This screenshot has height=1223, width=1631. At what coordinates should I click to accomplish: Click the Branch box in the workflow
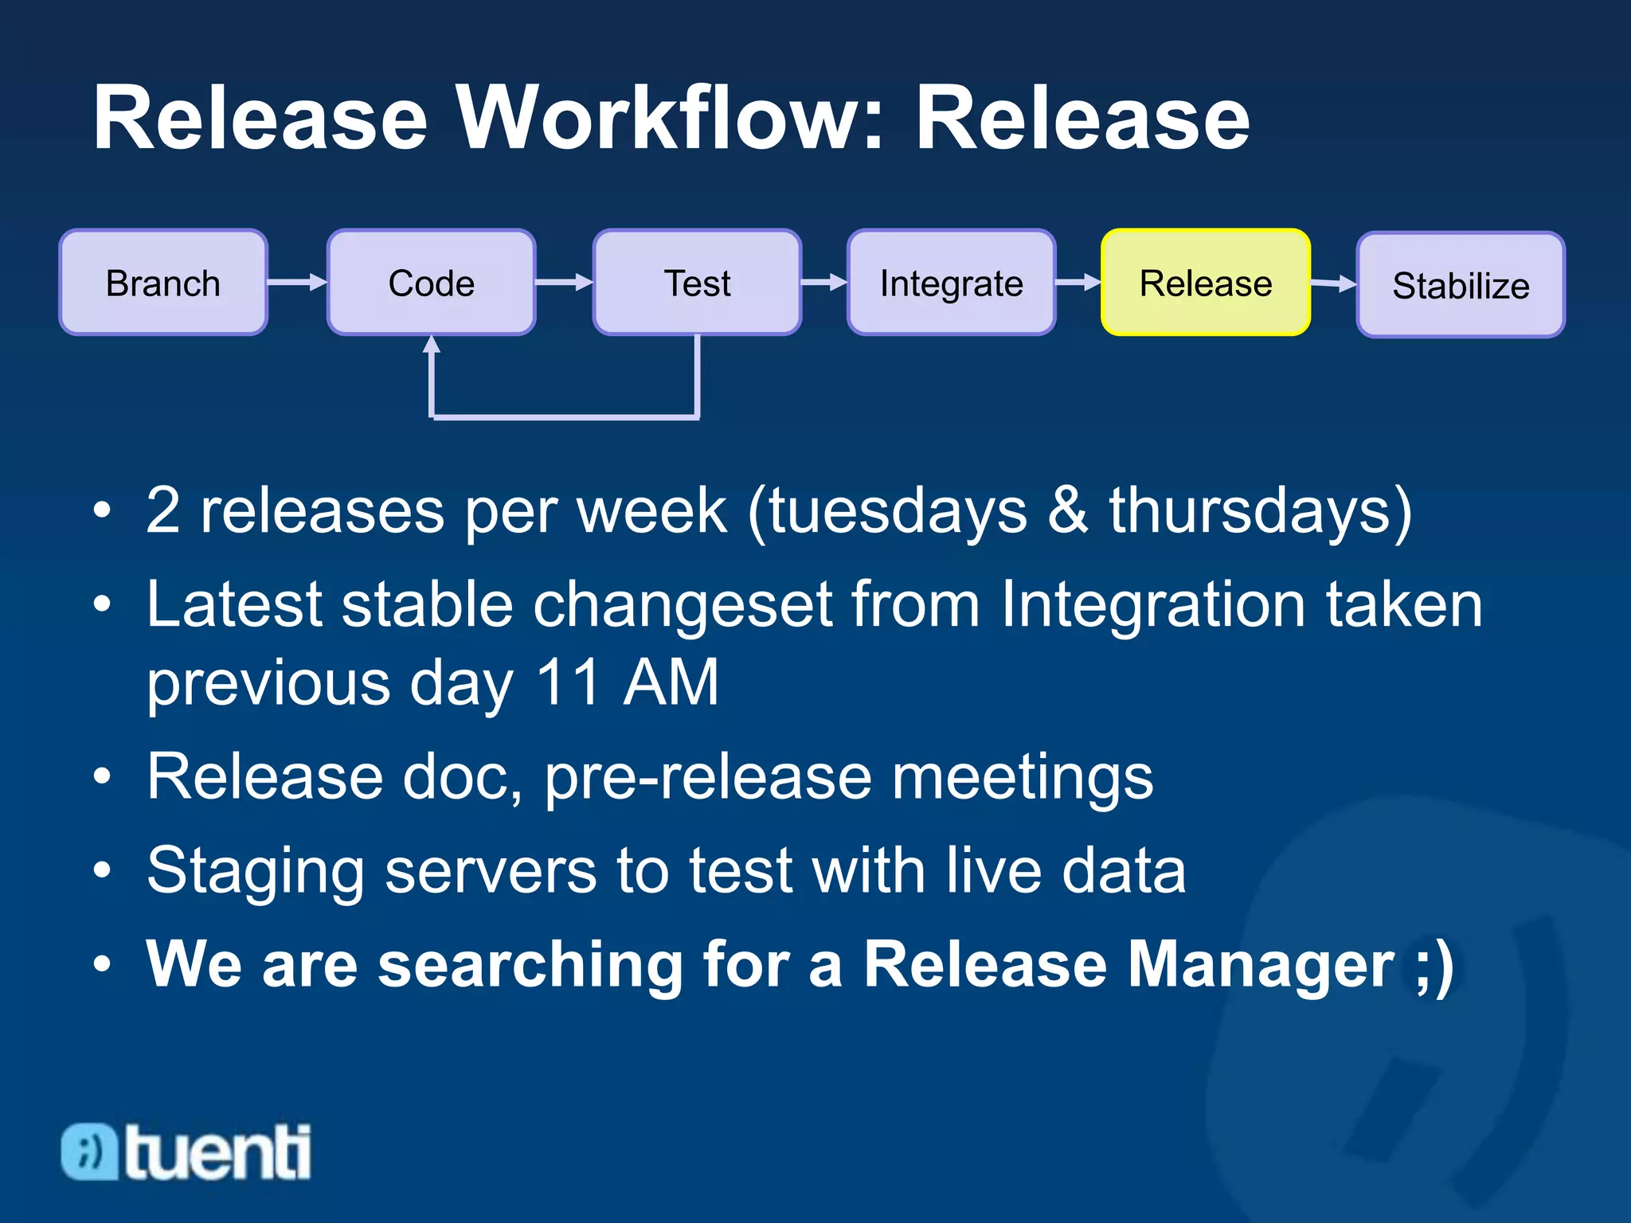[x=163, y=283]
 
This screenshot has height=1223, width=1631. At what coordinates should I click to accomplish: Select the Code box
[x=431, y=283]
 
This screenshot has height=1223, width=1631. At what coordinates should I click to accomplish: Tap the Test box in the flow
[x=697, y=283]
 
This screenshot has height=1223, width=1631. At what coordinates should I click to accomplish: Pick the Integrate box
[x=951, y=283]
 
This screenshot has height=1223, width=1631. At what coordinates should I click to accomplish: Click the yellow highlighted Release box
[x=1205, y=283]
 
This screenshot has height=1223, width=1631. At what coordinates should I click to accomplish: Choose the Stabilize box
[x=1461, y=285]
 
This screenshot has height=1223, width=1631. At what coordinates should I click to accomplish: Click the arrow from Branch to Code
[x=296, y=282]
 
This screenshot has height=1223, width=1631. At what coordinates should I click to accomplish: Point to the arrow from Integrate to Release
[x=1078, y=282]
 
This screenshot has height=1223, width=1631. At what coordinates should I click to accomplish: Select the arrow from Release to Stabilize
[x=1333, y=283]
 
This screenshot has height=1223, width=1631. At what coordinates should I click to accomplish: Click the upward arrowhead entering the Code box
[x=432, y=345]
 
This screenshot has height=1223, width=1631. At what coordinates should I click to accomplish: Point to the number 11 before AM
[x=568, y=682]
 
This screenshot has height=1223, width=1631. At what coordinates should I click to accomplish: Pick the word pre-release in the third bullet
[x=708, y=778]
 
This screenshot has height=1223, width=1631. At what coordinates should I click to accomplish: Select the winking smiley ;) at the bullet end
[x=1433, y=964]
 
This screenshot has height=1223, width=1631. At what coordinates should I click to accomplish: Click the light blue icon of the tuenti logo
[x=90, y=1151]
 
